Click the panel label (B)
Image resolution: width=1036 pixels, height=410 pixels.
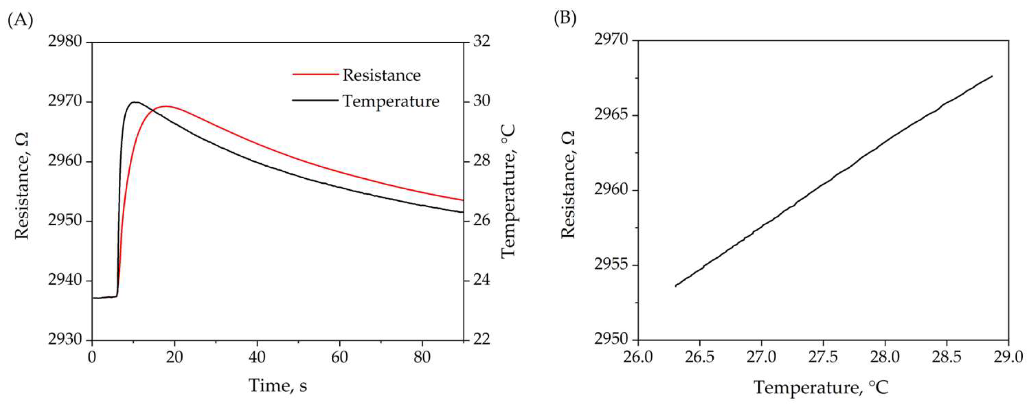pos(565,19)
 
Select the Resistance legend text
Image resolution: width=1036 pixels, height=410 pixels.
pos(381,75)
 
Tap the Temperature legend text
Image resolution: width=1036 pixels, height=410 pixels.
pos(391,100)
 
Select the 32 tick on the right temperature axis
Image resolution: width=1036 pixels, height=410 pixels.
pos(481,42)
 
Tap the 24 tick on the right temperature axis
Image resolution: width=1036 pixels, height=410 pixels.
pos(481,280)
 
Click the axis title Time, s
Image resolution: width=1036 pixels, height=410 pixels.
pos(278,385)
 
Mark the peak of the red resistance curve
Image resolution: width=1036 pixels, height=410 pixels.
pos(166,106)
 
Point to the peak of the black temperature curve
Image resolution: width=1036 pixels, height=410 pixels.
pos(135,102)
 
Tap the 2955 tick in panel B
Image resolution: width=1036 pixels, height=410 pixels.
pos(610,265)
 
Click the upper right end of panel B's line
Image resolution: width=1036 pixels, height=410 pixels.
pos(992,76)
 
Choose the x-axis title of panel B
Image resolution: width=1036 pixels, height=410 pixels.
pos(821,387)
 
